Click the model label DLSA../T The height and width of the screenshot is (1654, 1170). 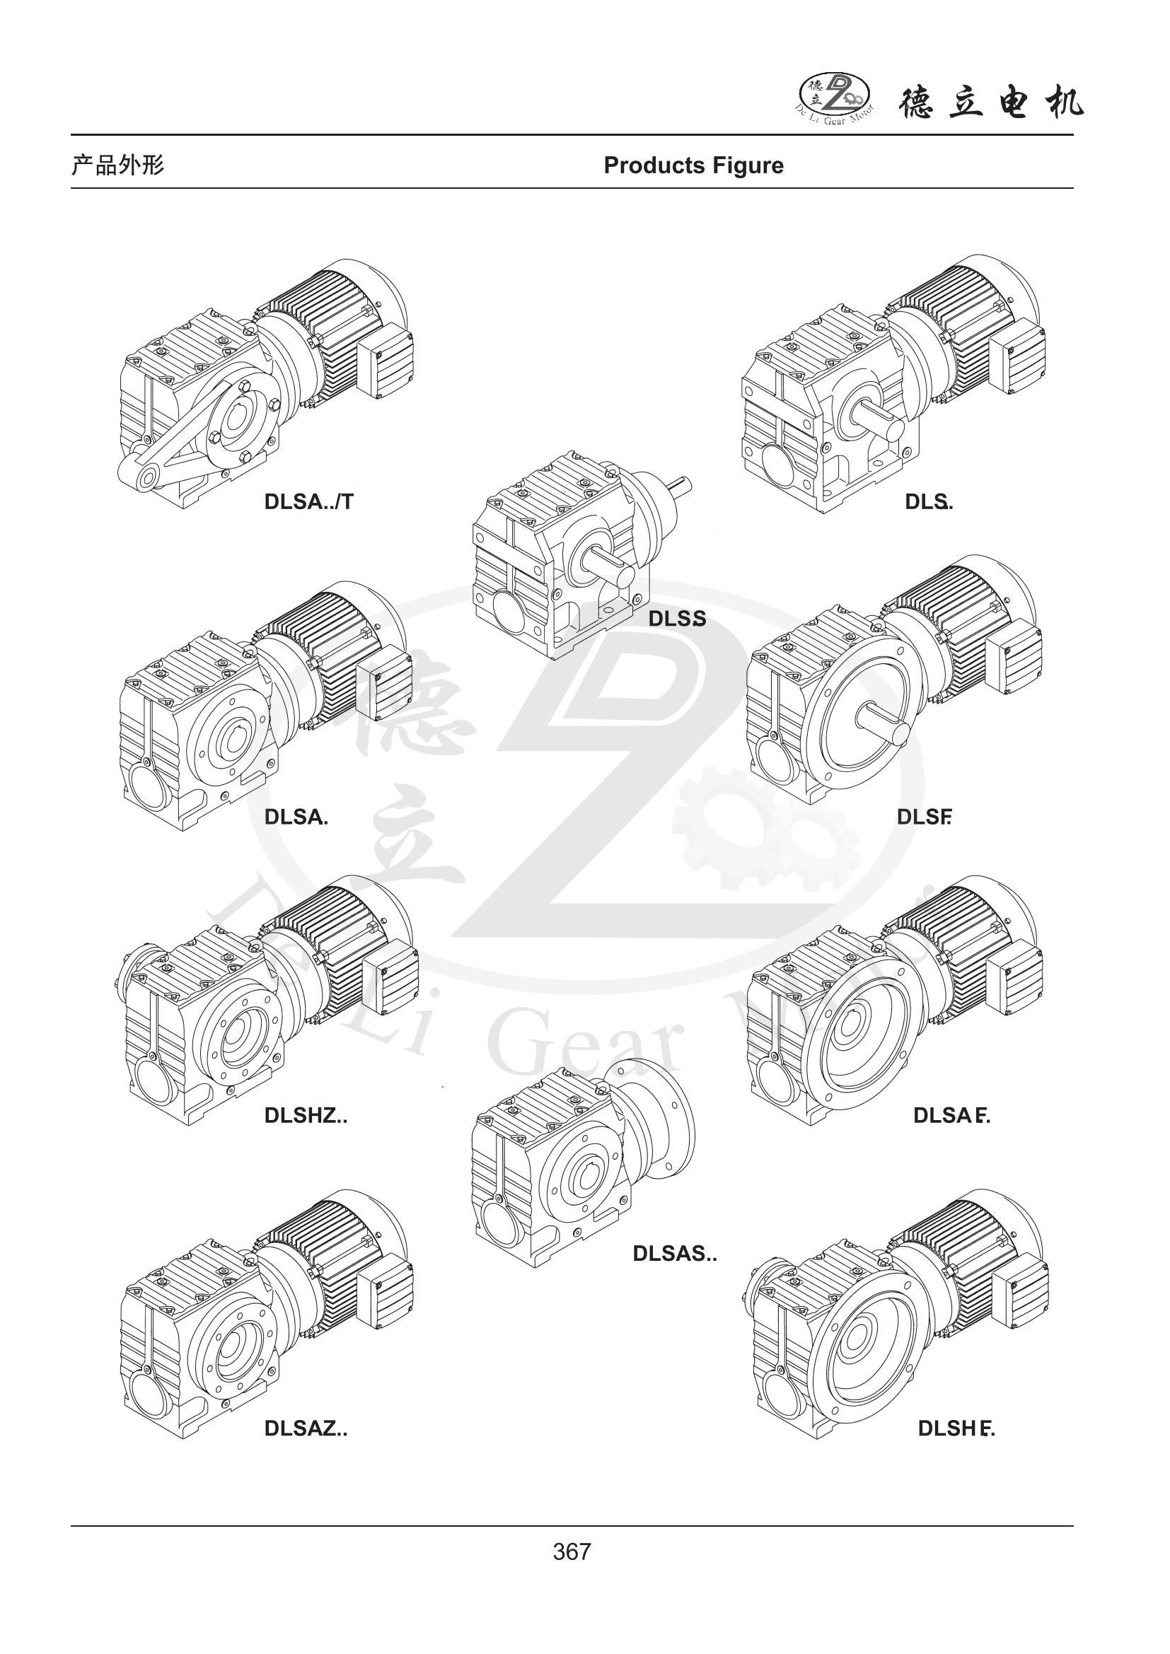pos(309,501)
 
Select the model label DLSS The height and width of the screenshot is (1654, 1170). pos(676,618)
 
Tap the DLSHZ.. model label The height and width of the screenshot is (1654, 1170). pos(306,1115)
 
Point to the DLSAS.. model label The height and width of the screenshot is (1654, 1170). pos(674,1254)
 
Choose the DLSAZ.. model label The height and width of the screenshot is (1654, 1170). pos(306,1428)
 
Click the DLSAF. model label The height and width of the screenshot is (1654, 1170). pos(951,1115)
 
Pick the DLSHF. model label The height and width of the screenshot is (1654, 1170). pos(956,1428)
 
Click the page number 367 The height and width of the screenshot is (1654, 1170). pos(572,1551)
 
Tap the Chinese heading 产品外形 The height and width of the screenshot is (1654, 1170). pos(117,165)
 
